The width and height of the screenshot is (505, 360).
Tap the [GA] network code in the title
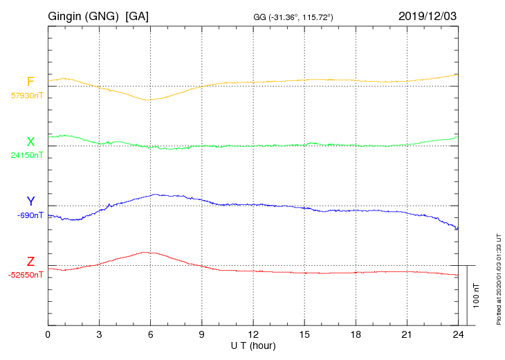[x=137, y=16]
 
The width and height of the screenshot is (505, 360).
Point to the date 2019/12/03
[x=428, y=16]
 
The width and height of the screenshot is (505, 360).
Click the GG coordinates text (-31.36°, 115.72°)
[x=294, y=17]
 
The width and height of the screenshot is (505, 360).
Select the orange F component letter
[x=30, y=82]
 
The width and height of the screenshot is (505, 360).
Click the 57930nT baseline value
[x=26, y=96]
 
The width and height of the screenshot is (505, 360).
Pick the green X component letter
[x=30, y=142]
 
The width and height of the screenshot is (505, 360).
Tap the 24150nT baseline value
[x=26, y=155]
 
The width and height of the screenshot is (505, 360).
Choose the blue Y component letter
[x=30, y=201]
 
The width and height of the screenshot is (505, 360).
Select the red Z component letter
[x=30, y=262]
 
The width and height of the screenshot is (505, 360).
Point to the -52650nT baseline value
[x=26, y=275]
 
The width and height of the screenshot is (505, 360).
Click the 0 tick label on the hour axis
[x=48, y=335]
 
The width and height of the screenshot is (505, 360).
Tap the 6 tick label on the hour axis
[x=150, y=335]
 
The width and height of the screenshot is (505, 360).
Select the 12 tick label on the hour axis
[x=253, y=335]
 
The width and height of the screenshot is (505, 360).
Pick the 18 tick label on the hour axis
[x=356, y=335]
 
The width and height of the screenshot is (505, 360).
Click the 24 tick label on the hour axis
[x=458, y=335]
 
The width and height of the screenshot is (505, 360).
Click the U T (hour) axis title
[x=253, y=345]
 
